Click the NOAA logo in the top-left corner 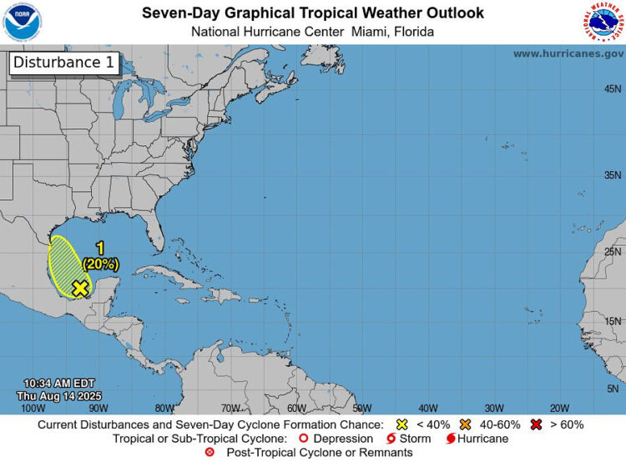click(22, 22)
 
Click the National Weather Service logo click(603, 22)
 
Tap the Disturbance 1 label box click(63, 63)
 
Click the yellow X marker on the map click(80, 288)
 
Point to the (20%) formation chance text click(100, 264)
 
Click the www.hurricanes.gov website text click(568, 53)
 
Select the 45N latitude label click(612, 89)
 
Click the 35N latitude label click(612, 175)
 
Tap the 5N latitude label click(613, 389)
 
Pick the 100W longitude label click(33, 408)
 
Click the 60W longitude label click(296, 408)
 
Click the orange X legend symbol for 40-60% click(466, 424)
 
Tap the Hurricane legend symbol click(451, 439)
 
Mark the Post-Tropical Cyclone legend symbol click(210, 452)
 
